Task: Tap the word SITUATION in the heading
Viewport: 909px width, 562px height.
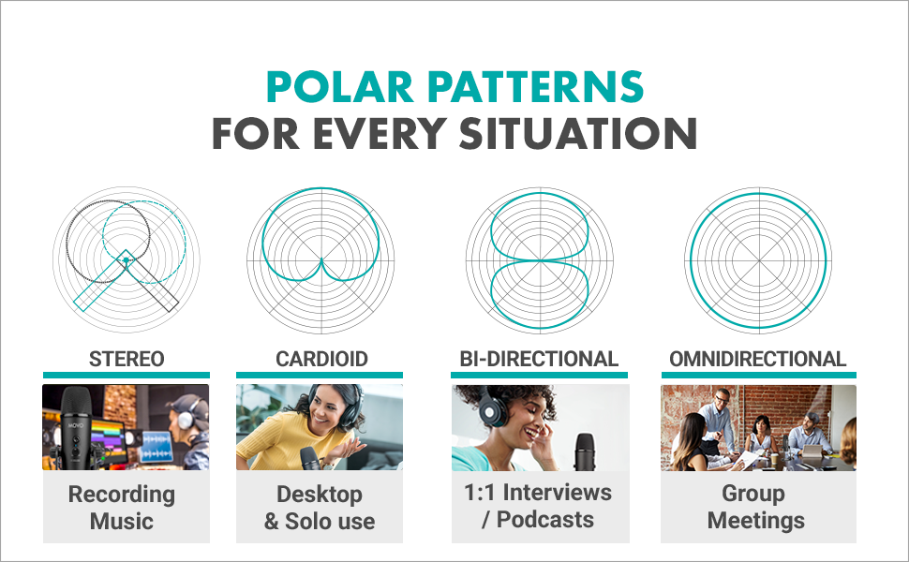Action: point(578,133)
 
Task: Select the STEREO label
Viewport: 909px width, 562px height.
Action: point(127,360)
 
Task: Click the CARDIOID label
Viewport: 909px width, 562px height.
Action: point(321,360)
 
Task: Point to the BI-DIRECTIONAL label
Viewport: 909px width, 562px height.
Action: point(539,360)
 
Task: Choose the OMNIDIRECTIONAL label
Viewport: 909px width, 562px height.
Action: point(758,360)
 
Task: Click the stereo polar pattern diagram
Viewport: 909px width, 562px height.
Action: point(127,260)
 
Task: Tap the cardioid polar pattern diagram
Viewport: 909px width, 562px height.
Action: point(320,260)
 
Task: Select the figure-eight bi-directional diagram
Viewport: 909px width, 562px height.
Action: point(540,260)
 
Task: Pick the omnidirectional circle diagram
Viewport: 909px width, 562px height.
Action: point(758,260)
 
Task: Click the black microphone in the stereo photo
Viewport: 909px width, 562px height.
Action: point(77,429)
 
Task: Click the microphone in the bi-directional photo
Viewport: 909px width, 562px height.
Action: point(585,451)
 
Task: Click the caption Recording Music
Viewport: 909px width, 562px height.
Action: point(122,508)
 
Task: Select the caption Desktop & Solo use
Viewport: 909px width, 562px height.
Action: point(320,508)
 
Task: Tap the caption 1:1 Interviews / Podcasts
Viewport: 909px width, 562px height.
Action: point(538,506)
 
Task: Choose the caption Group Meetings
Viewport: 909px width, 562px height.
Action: point(756,508)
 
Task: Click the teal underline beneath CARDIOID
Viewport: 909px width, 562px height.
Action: point(320,376)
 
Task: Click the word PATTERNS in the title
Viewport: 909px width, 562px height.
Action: point(536,87)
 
